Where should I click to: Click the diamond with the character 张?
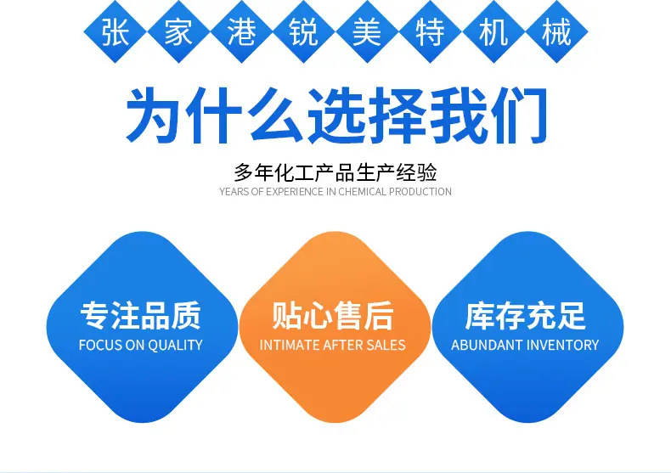click(x=116, y=32)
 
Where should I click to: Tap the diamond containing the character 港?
click(x=241, y=32)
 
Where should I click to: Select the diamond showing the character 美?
click(x=367, y=32)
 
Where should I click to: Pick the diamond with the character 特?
click(x=430, y=32)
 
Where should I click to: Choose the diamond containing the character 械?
click(x=556, y=32)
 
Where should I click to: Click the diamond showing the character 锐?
click(x=304, y=32)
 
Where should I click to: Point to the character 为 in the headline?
click(x=153, y=115)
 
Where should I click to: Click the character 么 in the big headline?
click(x=276, y=115)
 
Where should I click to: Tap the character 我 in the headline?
click(x=459, y=115)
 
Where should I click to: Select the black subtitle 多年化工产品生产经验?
click(x=335, y=172)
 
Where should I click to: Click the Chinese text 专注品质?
click(x=141, y=316)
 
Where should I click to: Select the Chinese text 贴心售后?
click(x=333, y=316)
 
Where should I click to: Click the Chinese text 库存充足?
click(x=525, y=316)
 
